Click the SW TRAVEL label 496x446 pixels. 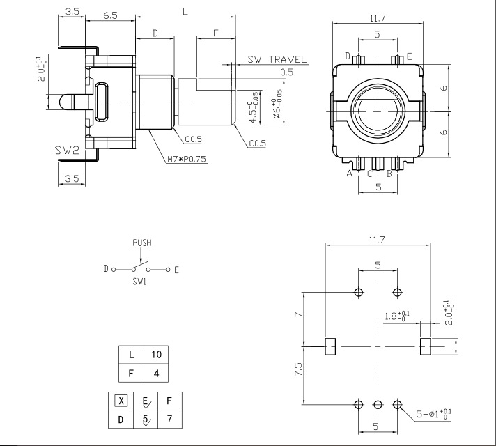pyautogui.click(x=277, y=59)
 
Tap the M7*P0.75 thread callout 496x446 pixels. pyautogui.click(x=187, y=159)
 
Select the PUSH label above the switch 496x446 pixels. pyautogui.click(x=142, y=243)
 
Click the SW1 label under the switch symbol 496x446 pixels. pyautogui.click(x=139, y=282)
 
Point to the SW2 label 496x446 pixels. pyautogui.click(x=67, y=150)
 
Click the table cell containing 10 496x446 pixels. pyautogui.click(x=156, y=355)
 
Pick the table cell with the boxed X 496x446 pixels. pyautogui.click(x=121, y=401)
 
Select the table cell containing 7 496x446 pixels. pyautogui.click(x=169, y=419)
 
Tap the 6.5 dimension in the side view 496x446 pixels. pyautogui.click(x=110, y=15)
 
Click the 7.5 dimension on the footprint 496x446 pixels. pyautogui.click(x=298, y=369)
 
